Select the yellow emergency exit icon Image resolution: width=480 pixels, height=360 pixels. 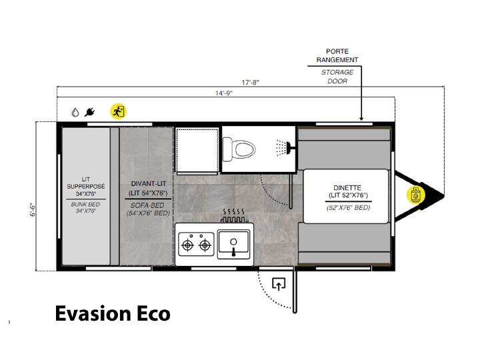pyautogui.click(x=118, y=111)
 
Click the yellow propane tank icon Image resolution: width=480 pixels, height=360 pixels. pyautogui.click(x=415, y=195)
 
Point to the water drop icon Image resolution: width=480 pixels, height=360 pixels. pyautogui.click(x=75, y=113)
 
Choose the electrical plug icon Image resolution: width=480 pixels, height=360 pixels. pyautogui.click(x=89, y=112)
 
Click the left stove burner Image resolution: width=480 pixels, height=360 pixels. pyautogui.click(x=187, y=245)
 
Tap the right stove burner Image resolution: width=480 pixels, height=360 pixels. pyautogui.click(x=205, y=245)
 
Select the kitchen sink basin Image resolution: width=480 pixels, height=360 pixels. pyautogui.click(x=233, y=244)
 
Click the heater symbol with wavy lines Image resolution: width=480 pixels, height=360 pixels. pyautogui.click(x=234, y=215)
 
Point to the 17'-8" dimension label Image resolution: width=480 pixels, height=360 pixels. pyautogui.click(x=251, y=83)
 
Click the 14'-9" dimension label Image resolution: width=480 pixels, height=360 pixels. pyautogui.click(x=224, y=93)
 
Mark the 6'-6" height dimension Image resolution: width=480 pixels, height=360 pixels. pyautogui.click(x=33, y=210)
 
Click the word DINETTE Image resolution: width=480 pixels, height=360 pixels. pyautogui.click(x=347, y=187)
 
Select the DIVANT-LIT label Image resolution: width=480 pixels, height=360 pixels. pyautogui.click(x=149, y=184)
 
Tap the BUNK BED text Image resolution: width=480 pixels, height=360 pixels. pyautogui.click(x=85, y=204)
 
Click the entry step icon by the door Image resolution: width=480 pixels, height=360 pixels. pyautogui.click(x=279, y=283)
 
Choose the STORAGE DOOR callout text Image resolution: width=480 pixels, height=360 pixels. pyautogui.click(x=337, y=77)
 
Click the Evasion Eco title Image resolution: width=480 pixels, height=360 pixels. pyautogui.click(x=113, y=313)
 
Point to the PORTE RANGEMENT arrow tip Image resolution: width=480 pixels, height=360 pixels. pyautogui.click(x=361, y=120)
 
